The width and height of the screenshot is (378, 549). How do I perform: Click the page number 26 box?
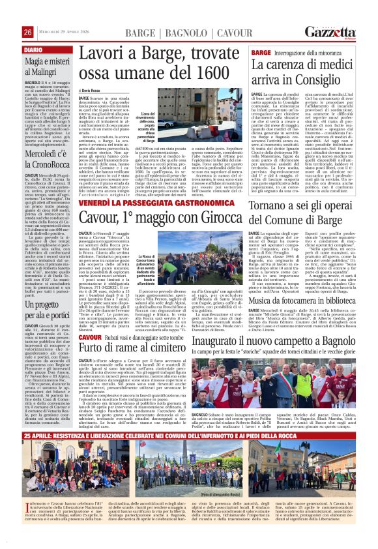pyautogui.click(x=28, y=32)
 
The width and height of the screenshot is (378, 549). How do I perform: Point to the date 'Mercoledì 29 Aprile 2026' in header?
pyautogui.click(x=66, y=33)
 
